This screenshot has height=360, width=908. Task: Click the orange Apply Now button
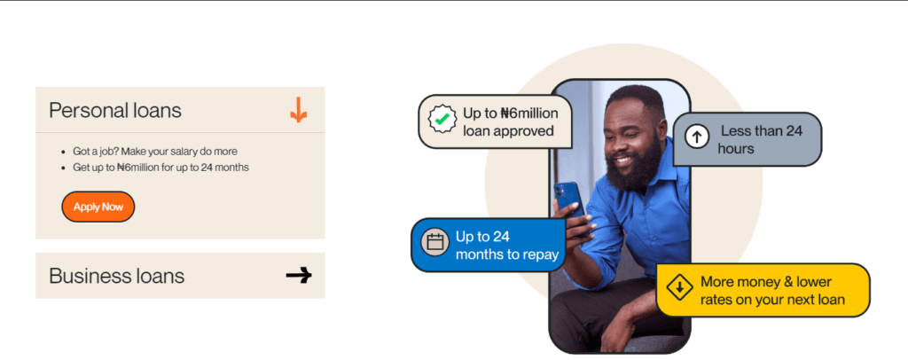pos(98,207)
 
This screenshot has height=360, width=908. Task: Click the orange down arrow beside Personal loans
pos(299,111)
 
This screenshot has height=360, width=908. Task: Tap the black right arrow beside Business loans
pos(299,276)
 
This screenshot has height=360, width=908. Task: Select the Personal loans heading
pos(115,111)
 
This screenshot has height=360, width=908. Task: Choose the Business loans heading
pos(116,276)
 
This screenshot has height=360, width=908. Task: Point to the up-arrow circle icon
pos(696,138)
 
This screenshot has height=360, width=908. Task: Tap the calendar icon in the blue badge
pos(434,244)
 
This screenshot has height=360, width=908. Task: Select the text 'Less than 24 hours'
pos(760,139)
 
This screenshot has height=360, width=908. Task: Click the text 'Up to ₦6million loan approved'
pos(508,122)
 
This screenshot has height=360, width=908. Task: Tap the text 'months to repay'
pos(506,254)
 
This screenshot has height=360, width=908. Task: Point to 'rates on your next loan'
pos(771,300)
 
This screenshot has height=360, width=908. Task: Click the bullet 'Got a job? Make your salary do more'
pos(155,152)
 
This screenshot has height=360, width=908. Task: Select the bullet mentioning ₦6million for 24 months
pos(160,168)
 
